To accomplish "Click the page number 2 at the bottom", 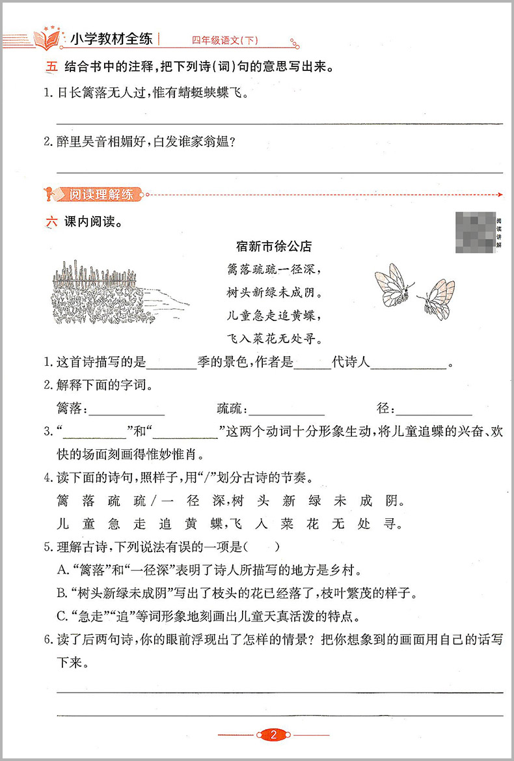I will click(273, 735).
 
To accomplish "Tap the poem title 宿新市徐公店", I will click(273, 246).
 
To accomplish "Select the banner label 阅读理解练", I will click(100, 193).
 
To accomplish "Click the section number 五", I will click(51, 66).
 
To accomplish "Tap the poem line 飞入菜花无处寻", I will click(273, 339).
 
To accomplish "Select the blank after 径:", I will click(434, 411).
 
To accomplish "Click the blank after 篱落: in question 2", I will click(126, 411).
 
